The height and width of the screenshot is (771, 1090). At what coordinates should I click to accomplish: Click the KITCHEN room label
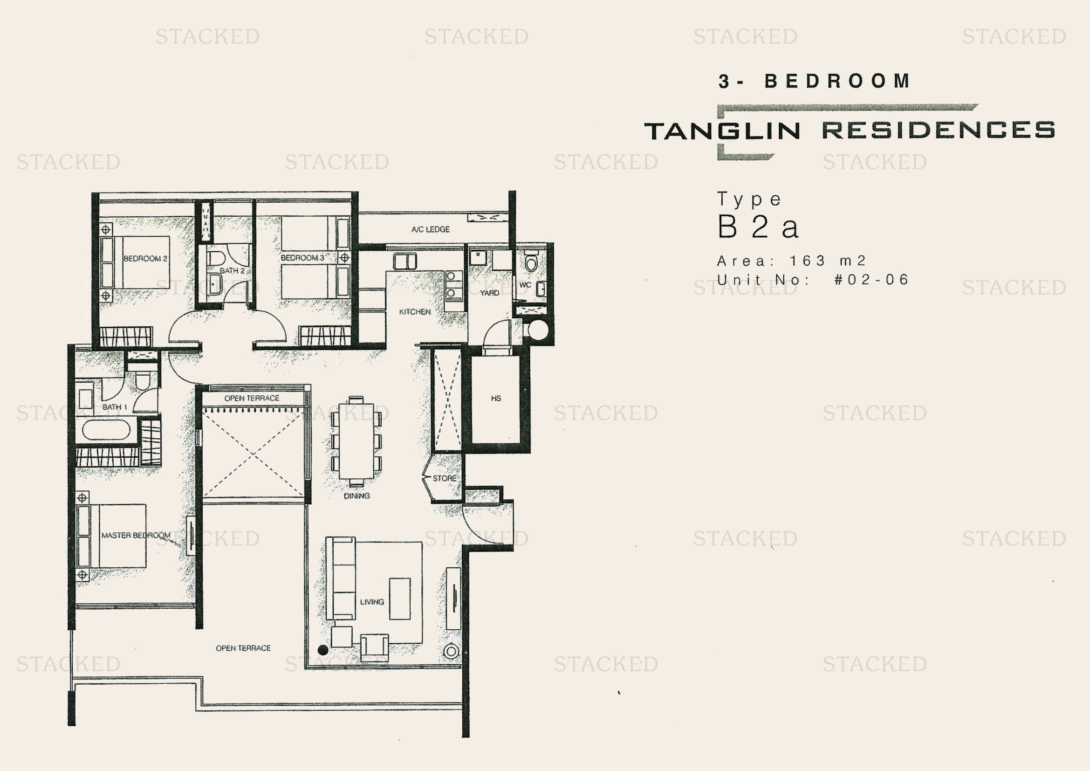[x=415, y=312]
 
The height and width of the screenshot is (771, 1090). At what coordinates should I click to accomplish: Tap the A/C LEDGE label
[x=430, y=229]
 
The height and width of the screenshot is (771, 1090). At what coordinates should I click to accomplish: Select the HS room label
[x=496, y=398]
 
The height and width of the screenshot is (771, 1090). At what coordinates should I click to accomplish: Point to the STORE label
[x=445, y=478]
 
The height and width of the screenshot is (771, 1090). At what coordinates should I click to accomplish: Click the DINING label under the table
[x=356, y=496]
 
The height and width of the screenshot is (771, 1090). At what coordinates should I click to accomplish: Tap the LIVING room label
[x=372, y=602]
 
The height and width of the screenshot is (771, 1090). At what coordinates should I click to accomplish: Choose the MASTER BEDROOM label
[x=136, y=535]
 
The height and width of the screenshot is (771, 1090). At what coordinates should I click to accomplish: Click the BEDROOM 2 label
[x=145, y=259]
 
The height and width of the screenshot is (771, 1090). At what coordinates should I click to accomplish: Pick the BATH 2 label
[x=232, y=271]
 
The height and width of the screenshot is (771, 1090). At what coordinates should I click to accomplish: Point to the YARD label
[x=489, y=293]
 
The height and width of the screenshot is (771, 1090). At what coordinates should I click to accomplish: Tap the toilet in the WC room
[x=531, y=262]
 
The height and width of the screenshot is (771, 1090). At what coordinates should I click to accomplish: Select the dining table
[x=356, y=441]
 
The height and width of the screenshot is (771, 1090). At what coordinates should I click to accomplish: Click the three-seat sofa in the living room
[x=341, y=578]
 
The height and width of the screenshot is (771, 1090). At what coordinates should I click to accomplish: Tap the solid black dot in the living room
[x=323, y=649]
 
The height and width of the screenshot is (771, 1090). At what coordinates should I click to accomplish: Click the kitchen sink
[x=404, y=262]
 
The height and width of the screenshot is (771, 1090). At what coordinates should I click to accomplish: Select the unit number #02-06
[x=871, y=279]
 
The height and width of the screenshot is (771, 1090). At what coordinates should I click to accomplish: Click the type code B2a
[x=758, y=227]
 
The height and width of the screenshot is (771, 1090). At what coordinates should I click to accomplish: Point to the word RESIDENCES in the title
[x=938, y=130]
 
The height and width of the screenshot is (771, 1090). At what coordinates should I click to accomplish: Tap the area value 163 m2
[x=828, y=261]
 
